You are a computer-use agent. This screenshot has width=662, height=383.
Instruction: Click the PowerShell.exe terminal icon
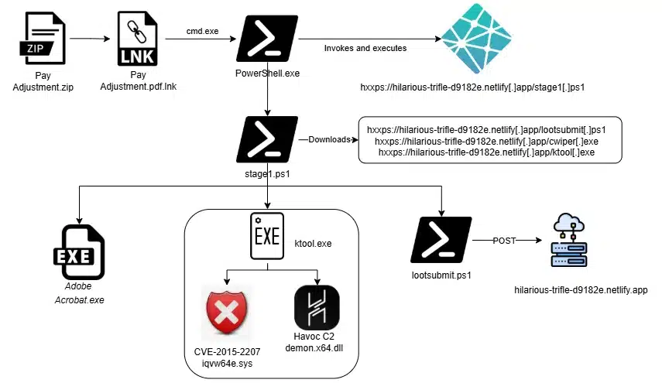point(267,38)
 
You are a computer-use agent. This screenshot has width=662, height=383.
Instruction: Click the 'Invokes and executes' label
point(365,48)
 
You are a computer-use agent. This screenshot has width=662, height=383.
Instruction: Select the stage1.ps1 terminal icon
point(267,139)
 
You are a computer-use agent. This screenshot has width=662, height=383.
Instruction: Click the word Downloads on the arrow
point(329,139)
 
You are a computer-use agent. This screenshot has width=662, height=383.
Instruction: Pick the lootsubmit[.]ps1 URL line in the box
point(489,128)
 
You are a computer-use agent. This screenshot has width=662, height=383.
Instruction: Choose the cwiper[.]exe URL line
point(489,141)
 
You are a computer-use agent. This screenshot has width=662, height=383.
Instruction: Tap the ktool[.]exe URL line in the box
point(489,152)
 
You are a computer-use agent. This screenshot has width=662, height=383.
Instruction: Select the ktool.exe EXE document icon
point(267,237)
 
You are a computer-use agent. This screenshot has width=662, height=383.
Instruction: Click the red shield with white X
point(226,312)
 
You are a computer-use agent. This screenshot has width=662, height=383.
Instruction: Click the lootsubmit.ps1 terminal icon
point(441,239)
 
